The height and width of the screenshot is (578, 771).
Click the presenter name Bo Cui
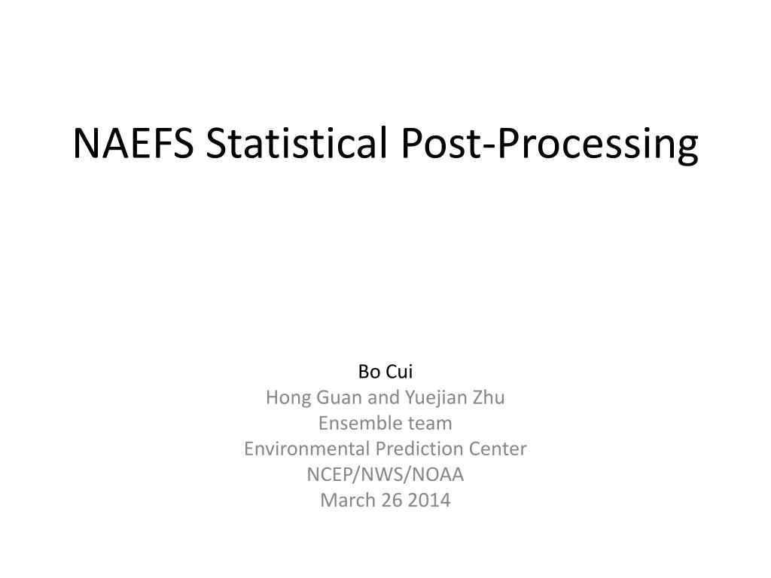click(385, 372)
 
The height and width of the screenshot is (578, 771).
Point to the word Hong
click(286, 397)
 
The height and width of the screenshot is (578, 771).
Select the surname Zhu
click(489, 397)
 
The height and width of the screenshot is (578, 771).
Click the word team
click(430, 423)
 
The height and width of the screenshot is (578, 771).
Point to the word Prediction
click(416, 449)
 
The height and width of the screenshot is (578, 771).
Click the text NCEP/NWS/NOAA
click(385, 474)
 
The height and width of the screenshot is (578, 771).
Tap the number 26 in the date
click(392, 500)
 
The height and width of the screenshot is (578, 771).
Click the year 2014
click(430, 500)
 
